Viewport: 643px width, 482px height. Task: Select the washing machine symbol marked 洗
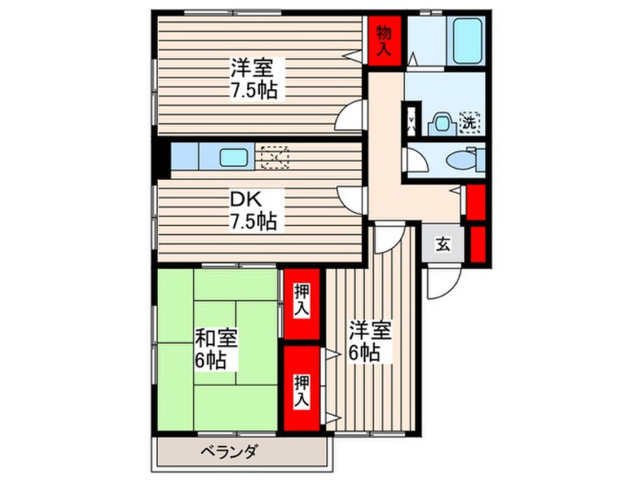coord(471,121)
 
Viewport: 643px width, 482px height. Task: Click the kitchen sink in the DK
coord(234,158)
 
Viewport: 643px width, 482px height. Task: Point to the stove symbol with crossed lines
coord(274,157)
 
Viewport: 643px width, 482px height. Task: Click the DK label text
coord(246,201)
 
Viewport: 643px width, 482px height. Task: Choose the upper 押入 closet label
coord(302,302)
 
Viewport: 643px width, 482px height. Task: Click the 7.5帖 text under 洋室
coord(254,90)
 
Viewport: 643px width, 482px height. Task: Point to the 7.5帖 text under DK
coord(254,223)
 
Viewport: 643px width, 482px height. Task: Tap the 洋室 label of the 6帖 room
coord(370,331)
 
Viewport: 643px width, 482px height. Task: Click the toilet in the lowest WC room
coord(461,160)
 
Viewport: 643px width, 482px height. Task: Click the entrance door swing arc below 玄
coord(439,284)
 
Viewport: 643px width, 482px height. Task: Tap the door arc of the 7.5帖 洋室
coord(351,116)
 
